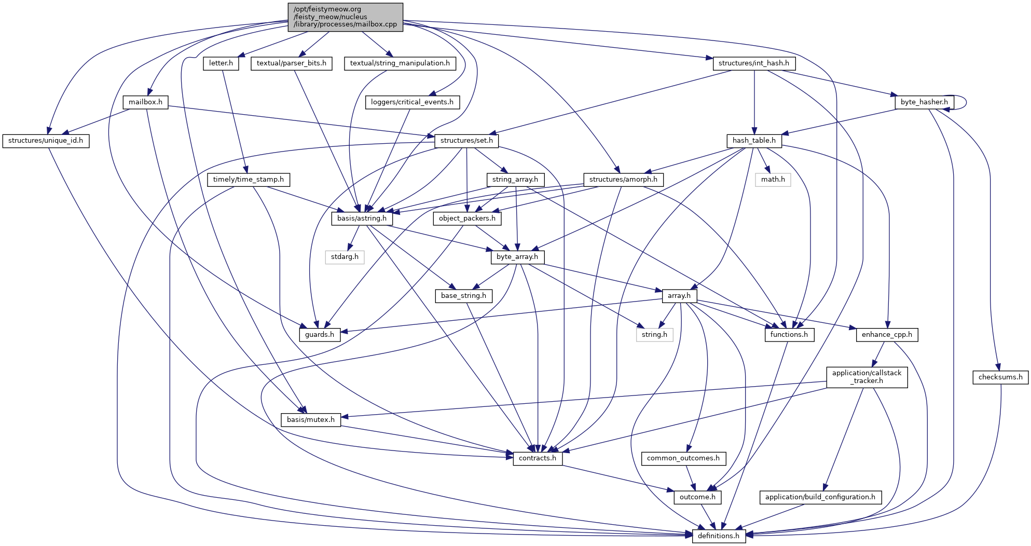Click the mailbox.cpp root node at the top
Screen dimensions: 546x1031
point(345,17)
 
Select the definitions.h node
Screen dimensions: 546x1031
point(719,536)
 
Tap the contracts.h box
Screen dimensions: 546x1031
point(538,458)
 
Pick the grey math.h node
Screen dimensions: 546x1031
point(773,180)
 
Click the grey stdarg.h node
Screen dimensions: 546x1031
point(345,257)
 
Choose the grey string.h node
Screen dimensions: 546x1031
point(654,335)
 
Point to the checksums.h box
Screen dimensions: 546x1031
point(1000,377)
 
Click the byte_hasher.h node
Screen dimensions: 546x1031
point(924,102)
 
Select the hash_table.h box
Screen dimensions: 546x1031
point(754,141)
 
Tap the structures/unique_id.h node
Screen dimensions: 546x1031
point(46,141)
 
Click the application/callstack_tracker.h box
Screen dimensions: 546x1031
point(867,377)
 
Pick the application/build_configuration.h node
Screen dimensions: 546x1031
point(820,497)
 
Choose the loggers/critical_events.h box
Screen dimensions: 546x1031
point(412,102)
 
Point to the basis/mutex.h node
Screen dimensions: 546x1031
point(311,419)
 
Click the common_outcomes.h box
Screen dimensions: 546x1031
point(683,458)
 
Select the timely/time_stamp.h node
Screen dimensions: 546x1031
point(249,180)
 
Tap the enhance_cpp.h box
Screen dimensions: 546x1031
point(887,335)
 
